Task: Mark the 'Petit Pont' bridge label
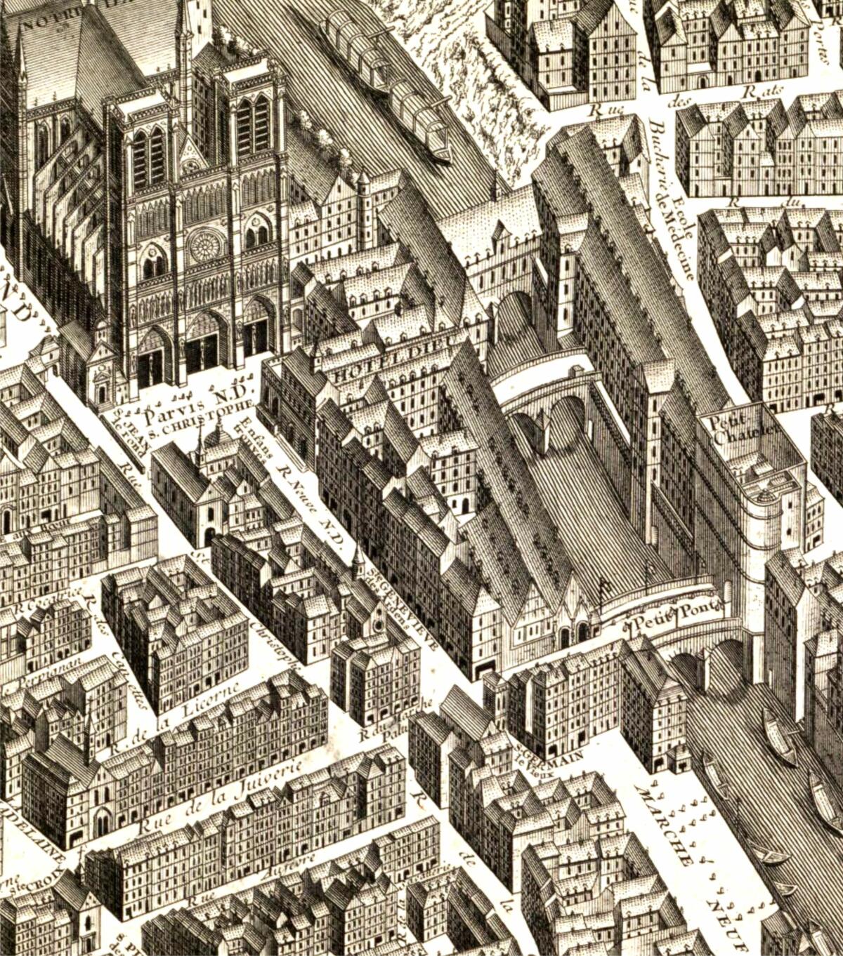677,615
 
